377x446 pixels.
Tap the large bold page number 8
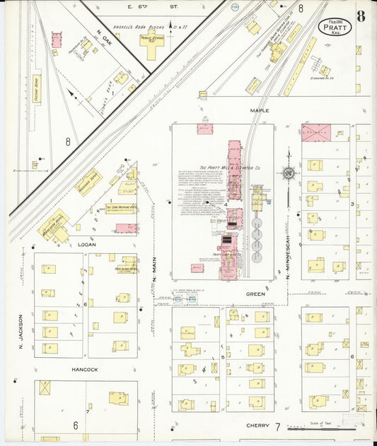361,16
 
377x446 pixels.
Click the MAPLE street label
260,111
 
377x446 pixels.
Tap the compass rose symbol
288,173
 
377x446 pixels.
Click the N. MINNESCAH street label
289,254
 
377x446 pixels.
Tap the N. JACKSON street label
21,331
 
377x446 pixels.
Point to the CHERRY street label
258,426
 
